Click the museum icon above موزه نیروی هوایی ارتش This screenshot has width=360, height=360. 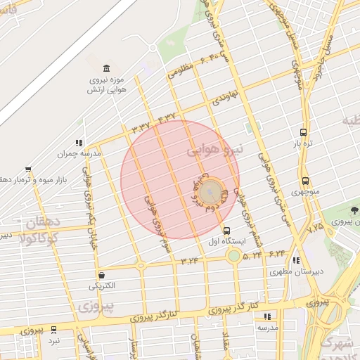pyautogui.click(x=106, y=68)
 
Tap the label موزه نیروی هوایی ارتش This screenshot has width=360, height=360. pyautogui.click(x=106, y=84)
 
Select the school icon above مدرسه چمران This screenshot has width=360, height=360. pyautogui.click(x=79, y=142)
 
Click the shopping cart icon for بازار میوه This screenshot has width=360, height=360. pyautogui.click(x=28, y=169)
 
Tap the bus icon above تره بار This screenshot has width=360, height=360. pyautogui.click(x=303, y=131)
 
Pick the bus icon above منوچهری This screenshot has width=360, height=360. pyautogui.click(x=304, y=181)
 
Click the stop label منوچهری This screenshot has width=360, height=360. pyautogui.click(x=305, y=192)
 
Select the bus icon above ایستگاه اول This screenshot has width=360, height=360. pyautogui.click(x=226, y=230)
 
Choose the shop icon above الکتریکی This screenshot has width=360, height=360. pyautogui.click(x=103, y=275)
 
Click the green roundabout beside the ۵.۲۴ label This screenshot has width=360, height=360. pyautogui.click(x=233, y=255)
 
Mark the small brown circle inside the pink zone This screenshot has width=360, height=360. pyautogui.click(x=210, y=193)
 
